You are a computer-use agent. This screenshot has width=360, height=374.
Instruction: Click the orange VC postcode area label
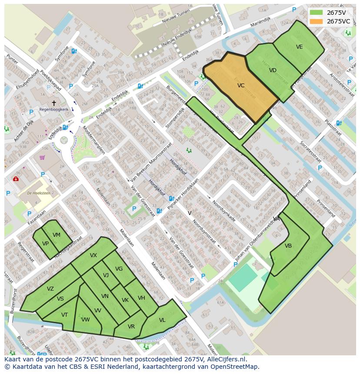coord(241,86)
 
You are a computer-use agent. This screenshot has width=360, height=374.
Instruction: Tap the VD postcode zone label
coord(273,70)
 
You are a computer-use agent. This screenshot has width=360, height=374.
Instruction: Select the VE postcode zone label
coord(299,47)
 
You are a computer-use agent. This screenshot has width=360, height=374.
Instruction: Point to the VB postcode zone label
coord(288,246)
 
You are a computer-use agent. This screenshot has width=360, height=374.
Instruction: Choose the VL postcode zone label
coord(162,320)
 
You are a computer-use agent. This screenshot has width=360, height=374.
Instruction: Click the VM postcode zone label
coord(57,235)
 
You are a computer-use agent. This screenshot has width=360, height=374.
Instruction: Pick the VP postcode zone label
coord(45,244)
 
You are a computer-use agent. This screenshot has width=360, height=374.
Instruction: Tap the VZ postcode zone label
coord(50,289)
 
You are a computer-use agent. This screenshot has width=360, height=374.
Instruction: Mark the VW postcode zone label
coord(85,320)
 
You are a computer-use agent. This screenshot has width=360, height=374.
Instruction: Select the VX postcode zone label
coord(93,255)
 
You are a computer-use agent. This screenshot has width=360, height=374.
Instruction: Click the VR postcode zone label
coord(131,327)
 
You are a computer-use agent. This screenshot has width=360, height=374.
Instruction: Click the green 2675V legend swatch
coord(316,13)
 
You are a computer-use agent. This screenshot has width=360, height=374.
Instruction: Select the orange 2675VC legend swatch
coord(316,21)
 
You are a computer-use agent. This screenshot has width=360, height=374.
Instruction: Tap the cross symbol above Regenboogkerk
coord(54,103)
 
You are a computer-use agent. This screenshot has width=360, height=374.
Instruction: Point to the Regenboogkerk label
coord(53,109)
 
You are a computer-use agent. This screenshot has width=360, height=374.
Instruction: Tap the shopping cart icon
coord(42,157)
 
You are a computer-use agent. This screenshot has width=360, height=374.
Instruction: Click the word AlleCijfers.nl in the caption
coord(226,359)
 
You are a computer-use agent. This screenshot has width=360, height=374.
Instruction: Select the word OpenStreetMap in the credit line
coord(237,367)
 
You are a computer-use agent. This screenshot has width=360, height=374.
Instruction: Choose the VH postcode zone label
coord(141,298)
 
